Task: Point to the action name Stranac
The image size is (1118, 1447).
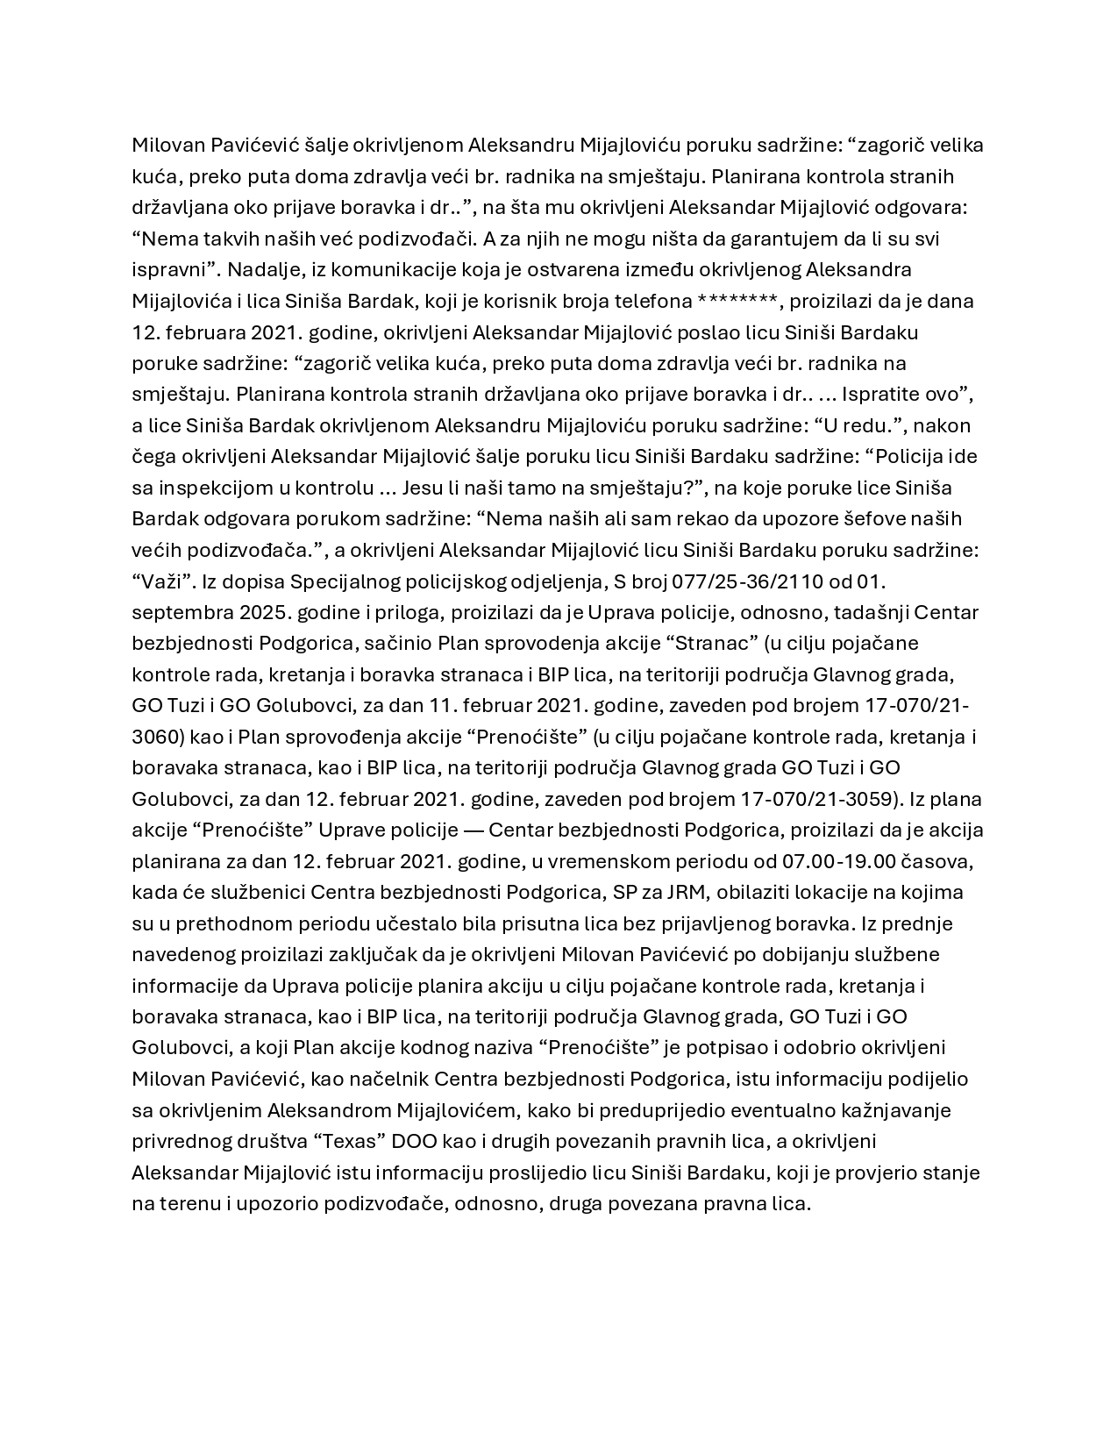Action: (714, 643)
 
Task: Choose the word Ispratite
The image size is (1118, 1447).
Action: (881, 394)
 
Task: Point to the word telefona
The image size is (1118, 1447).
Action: (652, 301)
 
